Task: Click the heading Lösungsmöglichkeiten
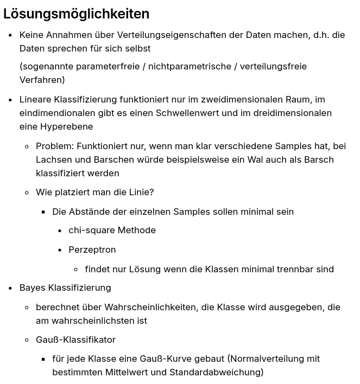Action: click(76, 14)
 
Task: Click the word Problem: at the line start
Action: click(54, 146)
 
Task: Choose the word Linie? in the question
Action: click(141, 192)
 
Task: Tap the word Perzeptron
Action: click(92, 249)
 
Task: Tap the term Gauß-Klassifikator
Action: click(75, 340)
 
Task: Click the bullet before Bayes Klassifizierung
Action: click(10, 288)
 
